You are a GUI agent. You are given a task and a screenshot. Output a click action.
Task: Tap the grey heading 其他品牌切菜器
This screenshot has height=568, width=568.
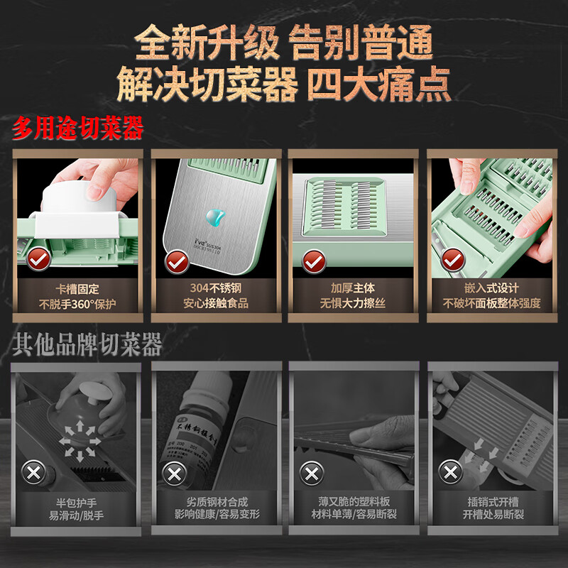click(87, 344)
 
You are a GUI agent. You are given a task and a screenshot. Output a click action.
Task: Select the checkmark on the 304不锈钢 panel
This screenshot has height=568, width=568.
click(175, 261)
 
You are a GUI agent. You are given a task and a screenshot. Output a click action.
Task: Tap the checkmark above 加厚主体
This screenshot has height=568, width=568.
click(313, 261)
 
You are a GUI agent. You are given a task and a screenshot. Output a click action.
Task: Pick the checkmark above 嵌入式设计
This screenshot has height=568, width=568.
click(450, 261)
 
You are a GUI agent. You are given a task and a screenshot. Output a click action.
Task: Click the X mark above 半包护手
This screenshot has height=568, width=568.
click(33, 472)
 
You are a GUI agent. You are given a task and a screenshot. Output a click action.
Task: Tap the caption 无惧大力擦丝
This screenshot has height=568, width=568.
click(353, 304)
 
